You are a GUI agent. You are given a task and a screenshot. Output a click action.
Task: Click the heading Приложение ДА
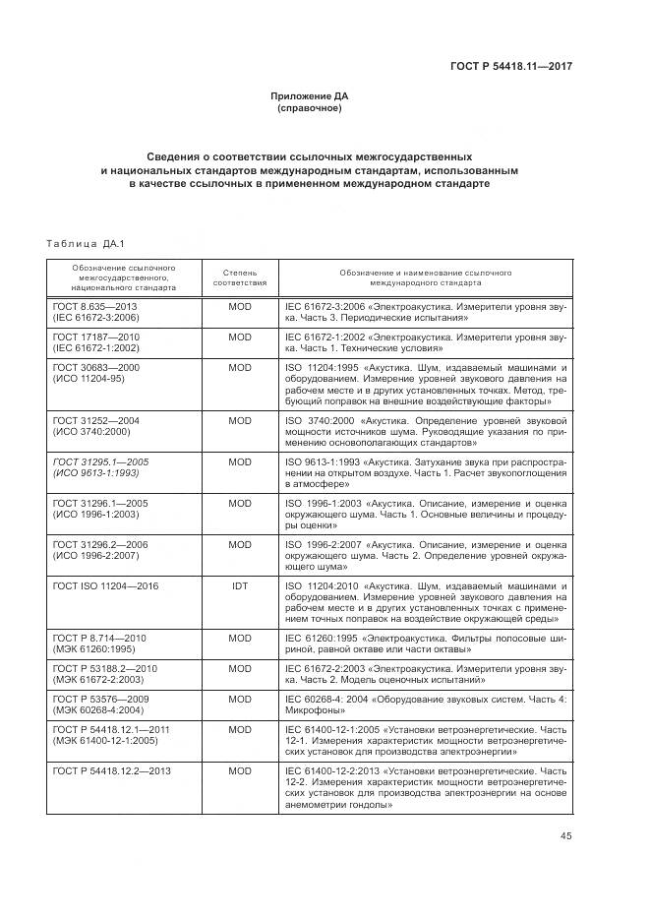(310, 95)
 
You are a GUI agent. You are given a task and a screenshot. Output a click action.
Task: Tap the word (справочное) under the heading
(310, 108)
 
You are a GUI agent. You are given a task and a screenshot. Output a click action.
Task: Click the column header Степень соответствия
(240, 276)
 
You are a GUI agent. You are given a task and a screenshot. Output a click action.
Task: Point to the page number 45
(564, 836)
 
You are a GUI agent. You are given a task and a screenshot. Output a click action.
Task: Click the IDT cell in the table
(240, 586)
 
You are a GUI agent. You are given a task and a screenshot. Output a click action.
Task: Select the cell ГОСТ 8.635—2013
(95, 308)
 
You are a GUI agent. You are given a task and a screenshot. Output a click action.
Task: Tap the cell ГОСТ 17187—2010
(96, 337)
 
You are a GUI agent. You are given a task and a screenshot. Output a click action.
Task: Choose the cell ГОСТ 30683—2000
(97, 366)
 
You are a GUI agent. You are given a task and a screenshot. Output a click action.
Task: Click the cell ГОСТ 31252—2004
(96, 420)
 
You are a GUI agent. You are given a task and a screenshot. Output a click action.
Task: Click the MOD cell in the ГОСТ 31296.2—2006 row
(240, 544)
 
